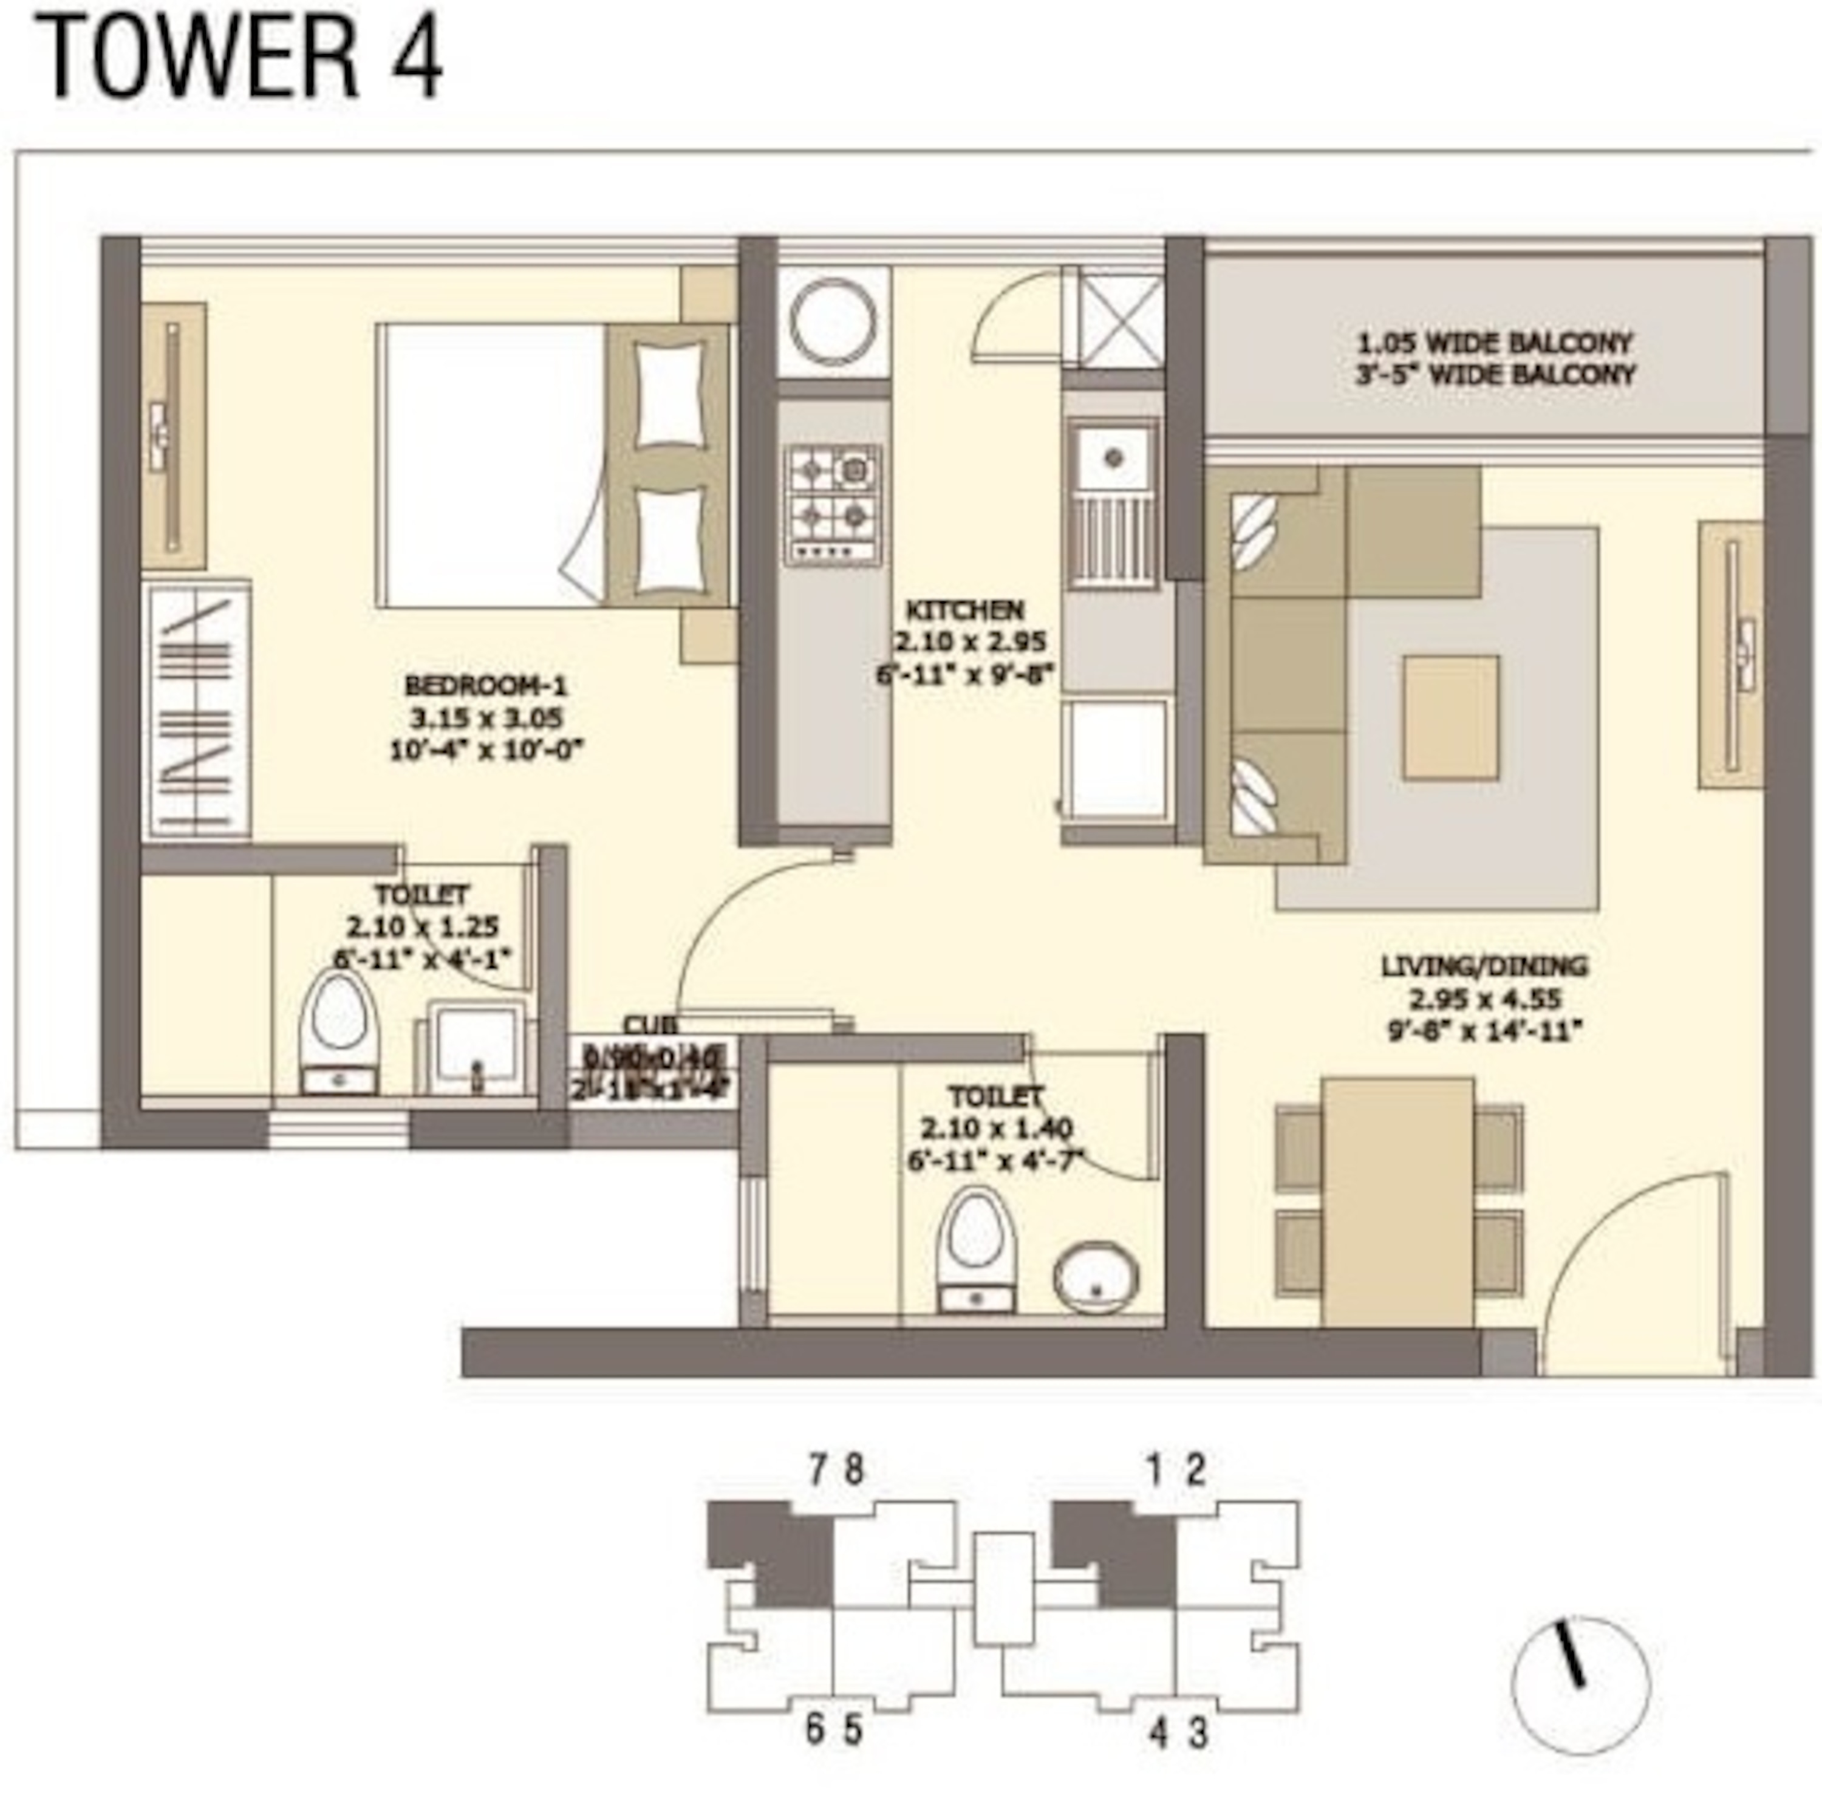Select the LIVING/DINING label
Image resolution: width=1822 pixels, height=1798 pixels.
(x=1484, y=966)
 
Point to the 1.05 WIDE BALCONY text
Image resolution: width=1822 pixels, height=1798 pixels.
(x=1494, y=343)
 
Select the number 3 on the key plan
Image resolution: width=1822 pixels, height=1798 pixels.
(x=1198, y=1734)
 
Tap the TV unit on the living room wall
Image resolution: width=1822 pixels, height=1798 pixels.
(x=1732, y=655)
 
